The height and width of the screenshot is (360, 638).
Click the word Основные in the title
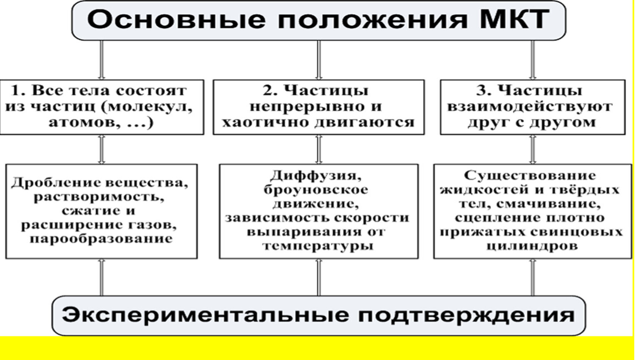(176, 20)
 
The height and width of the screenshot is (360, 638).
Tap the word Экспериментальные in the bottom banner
(205, 315)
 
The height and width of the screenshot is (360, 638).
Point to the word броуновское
(316, 190)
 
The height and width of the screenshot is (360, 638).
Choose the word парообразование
(101, 239)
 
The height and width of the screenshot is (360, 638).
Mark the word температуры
(318, 246)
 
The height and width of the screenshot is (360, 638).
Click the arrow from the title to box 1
(102, 60)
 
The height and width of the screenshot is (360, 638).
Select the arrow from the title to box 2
(319, 60)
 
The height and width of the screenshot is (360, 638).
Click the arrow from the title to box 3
(533, 60)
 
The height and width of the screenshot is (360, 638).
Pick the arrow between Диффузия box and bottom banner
(319, 277)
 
